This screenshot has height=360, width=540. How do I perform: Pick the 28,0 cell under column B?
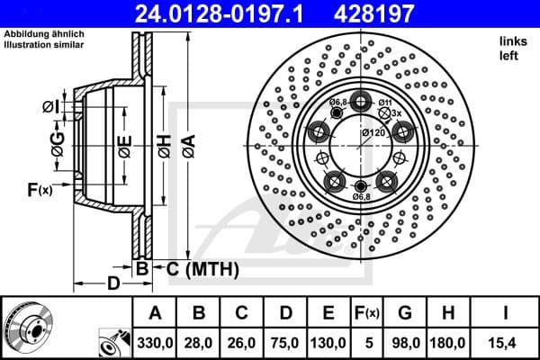(200, 343)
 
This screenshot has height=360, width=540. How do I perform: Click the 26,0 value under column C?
(242, 343)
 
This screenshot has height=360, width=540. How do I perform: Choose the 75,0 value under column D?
(284, 343)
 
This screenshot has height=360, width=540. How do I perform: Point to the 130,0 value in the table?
(327, 343)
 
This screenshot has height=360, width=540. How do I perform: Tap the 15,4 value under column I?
(502, 343)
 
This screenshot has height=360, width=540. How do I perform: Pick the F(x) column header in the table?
(366, 313)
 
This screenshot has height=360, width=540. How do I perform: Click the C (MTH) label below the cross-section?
(201, 267)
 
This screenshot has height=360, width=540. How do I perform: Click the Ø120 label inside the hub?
(373, 133)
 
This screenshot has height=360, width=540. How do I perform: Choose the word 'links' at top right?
(513, 42)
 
